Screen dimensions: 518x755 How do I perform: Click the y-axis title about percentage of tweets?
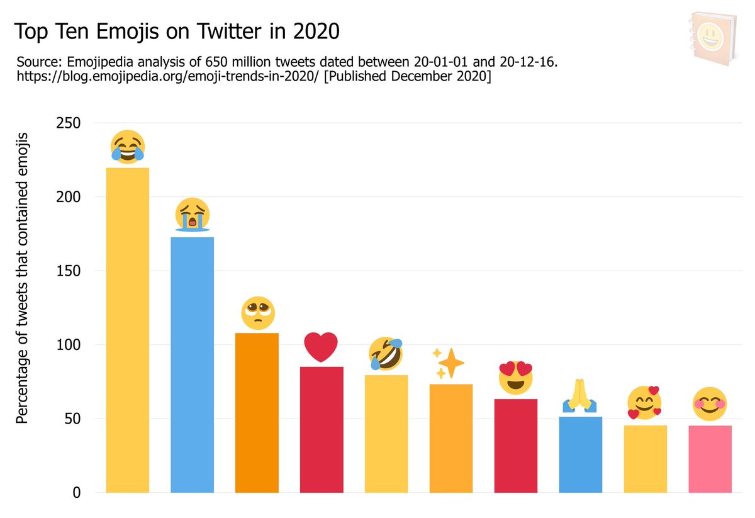click(23, 277)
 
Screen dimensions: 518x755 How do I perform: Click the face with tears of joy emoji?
click(127, 147)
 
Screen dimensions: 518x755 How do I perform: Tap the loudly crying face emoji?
click(192, 215)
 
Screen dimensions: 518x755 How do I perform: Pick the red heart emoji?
click(322, 347)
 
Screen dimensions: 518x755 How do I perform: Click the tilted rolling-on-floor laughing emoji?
click(386, 353)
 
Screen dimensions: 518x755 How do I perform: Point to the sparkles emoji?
click(447, 363)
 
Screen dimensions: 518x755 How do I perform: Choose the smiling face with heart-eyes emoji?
click(515, 378)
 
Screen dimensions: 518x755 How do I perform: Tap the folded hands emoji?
click(580, 397)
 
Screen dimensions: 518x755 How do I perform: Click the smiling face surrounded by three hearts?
click(645, 403)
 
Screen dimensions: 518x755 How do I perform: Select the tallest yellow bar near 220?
click(128, 330)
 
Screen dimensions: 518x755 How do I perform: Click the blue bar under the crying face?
click(193, 364)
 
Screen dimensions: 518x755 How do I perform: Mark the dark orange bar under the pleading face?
click(257, 412)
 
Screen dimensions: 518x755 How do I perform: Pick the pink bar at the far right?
click(710, 459)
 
